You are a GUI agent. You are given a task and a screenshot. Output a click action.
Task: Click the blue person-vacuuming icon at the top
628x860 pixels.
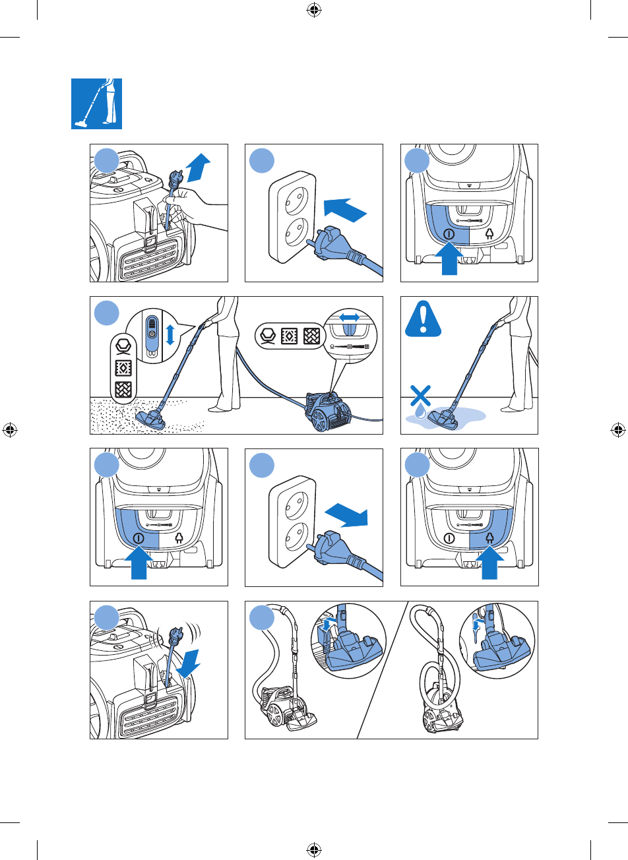tap(96, 104)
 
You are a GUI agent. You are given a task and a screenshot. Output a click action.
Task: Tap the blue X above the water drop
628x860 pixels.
tap(420, 396)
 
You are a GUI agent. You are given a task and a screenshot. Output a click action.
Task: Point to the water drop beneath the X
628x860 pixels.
tap(421, 412)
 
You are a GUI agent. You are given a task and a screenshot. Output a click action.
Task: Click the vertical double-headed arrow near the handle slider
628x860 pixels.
tap(170, 334)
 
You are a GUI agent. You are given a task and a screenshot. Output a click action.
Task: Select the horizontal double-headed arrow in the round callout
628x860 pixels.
tap(349, 317)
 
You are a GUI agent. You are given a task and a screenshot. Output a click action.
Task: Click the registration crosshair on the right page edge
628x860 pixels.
tap(617, 430)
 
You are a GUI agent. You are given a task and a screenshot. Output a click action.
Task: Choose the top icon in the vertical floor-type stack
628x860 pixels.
tap(122, 346)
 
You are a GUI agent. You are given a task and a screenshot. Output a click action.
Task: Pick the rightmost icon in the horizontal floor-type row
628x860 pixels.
tap(311, 336)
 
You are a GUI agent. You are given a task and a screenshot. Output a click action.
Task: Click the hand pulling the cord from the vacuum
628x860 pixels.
tap(191, 211)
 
